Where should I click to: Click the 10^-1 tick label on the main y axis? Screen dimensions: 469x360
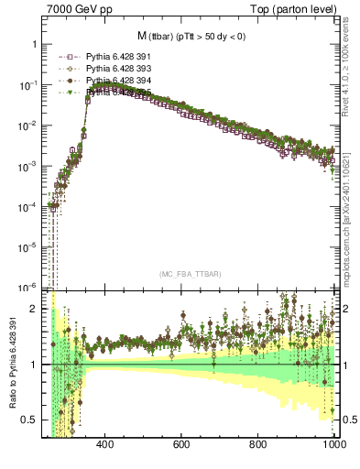point(27,85)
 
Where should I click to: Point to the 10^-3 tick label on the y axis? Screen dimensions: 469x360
point(27,167)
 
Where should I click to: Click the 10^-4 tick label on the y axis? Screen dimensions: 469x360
point(27,207)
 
